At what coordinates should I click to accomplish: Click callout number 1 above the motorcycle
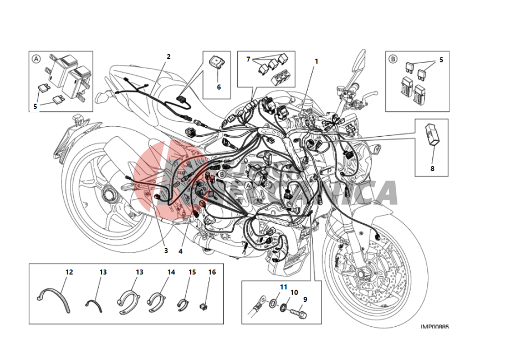coord(316,61)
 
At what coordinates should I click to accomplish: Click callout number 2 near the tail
coord(169,56)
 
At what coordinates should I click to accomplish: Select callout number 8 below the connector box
coord(432,168)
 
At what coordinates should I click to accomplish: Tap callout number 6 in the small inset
coord(218,87)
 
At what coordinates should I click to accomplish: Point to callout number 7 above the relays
coord(249,59)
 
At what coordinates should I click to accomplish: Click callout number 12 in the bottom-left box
coord(69,272)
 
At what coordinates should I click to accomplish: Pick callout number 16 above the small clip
coord(212,272)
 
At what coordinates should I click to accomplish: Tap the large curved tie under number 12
coord(52,297)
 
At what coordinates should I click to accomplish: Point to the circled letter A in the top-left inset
coord(36,58)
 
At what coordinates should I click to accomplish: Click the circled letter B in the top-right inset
coord(393,58)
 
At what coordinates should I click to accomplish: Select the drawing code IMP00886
coord(435,327)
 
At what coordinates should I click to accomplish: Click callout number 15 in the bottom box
coord(192,272)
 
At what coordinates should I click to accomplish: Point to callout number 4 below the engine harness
coord(180,251)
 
